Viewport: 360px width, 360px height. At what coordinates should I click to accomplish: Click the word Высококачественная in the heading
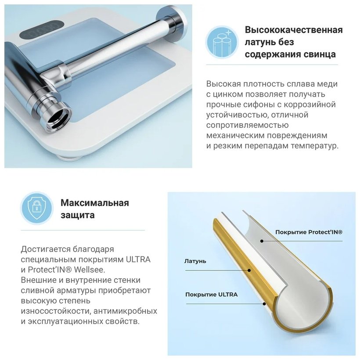point(294,30)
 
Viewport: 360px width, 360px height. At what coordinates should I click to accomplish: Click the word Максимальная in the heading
point(94,203)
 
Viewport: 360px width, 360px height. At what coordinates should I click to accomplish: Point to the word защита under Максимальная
point(78,216)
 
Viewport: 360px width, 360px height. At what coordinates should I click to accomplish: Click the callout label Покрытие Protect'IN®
point(309,232)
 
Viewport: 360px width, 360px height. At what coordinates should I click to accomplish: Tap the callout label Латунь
point(195,261)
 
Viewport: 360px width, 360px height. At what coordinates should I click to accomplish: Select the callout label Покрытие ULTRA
point(212,295)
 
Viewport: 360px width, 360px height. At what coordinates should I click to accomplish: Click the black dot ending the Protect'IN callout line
point(262,241)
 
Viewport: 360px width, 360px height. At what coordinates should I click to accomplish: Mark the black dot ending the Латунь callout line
point(249,270)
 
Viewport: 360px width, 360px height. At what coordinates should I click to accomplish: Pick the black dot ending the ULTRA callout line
point(264,304)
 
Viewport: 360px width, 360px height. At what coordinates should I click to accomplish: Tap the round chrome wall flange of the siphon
point(172,23)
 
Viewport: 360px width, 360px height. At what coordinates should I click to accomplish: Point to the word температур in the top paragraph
point(315,146)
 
